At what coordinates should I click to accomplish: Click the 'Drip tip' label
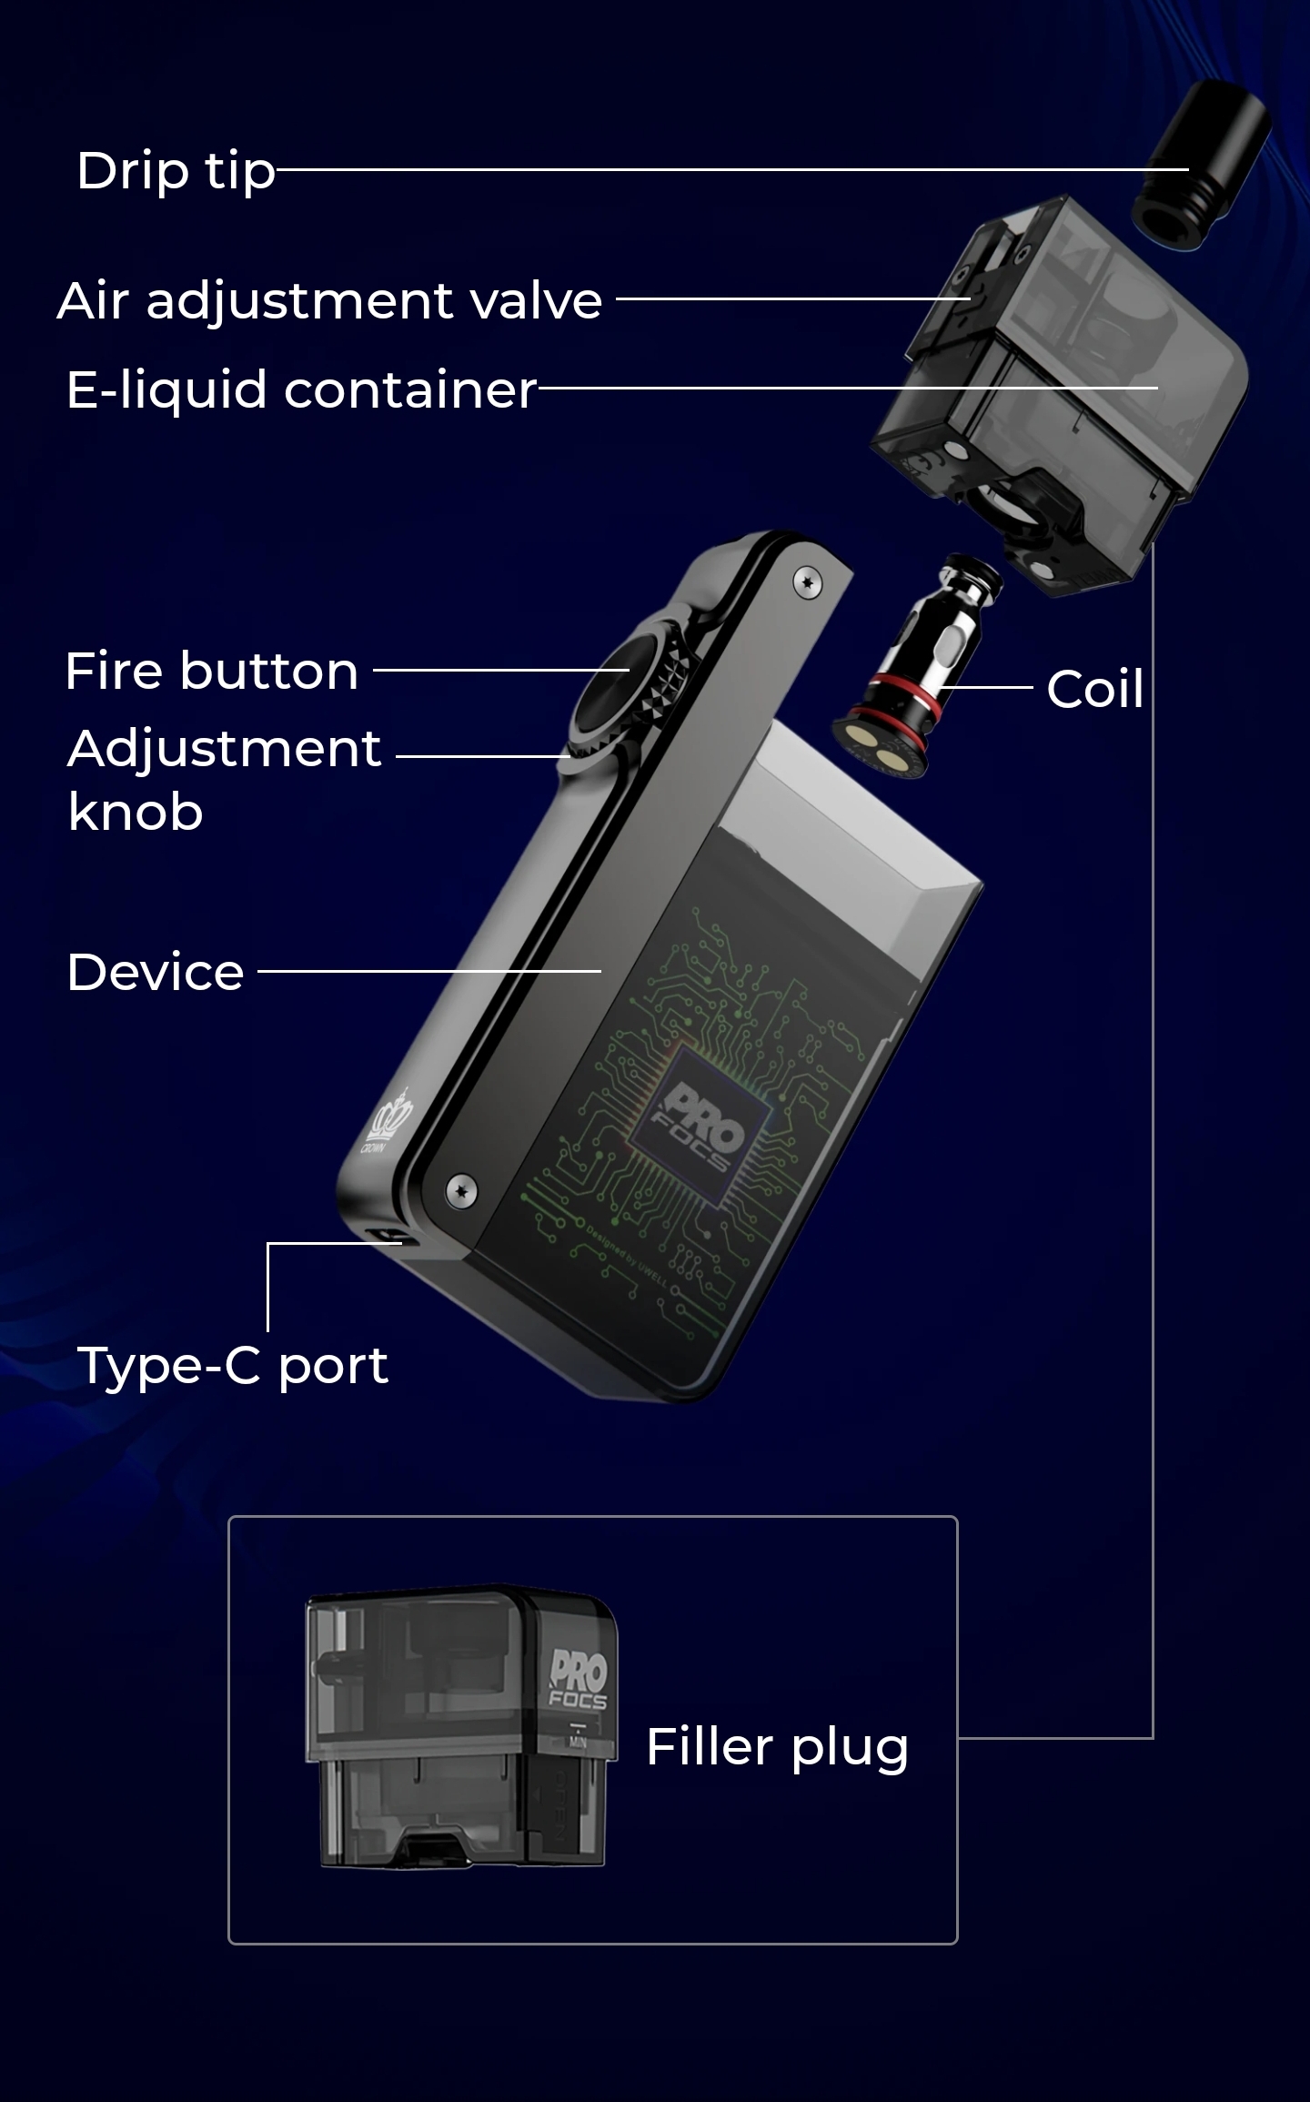pyautogui.click(x=176, y=171)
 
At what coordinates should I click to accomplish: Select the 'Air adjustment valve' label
pyautogui.click(x=329, y=300)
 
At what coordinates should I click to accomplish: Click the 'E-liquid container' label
pyautogui.click(x=301, y=390)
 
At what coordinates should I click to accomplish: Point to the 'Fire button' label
pyautogui.click(x=211, y=672)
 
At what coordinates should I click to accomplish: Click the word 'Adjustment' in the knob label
pyautogui.click(x=224, y=749)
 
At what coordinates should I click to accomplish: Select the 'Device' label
pyautogui.click(x=156, y=972)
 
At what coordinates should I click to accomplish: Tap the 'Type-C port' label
pyautogui.click(x=233, y=1365)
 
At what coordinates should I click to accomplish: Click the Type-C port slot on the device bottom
pyautogui.click(x=385, y=1237)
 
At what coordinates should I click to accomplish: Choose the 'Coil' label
pyautogui.click(x=1094, y=689)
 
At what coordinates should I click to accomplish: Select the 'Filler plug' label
pyautogui.click(x=777, y=1747)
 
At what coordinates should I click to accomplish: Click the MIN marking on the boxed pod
pyautogui.click(x=578, y=1743)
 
